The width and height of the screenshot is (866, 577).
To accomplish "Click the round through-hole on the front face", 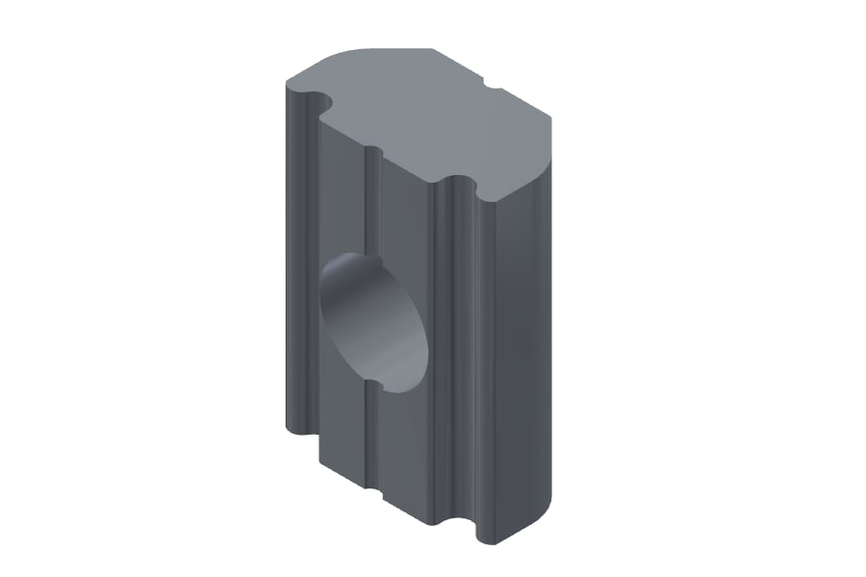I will [373, 322].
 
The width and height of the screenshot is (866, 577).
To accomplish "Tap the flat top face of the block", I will [433, 115].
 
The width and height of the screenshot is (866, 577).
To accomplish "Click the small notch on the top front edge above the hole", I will [373, 151].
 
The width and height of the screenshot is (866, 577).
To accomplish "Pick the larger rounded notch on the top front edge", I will [459, 183].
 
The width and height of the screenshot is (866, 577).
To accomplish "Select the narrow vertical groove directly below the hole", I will [370, 442].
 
